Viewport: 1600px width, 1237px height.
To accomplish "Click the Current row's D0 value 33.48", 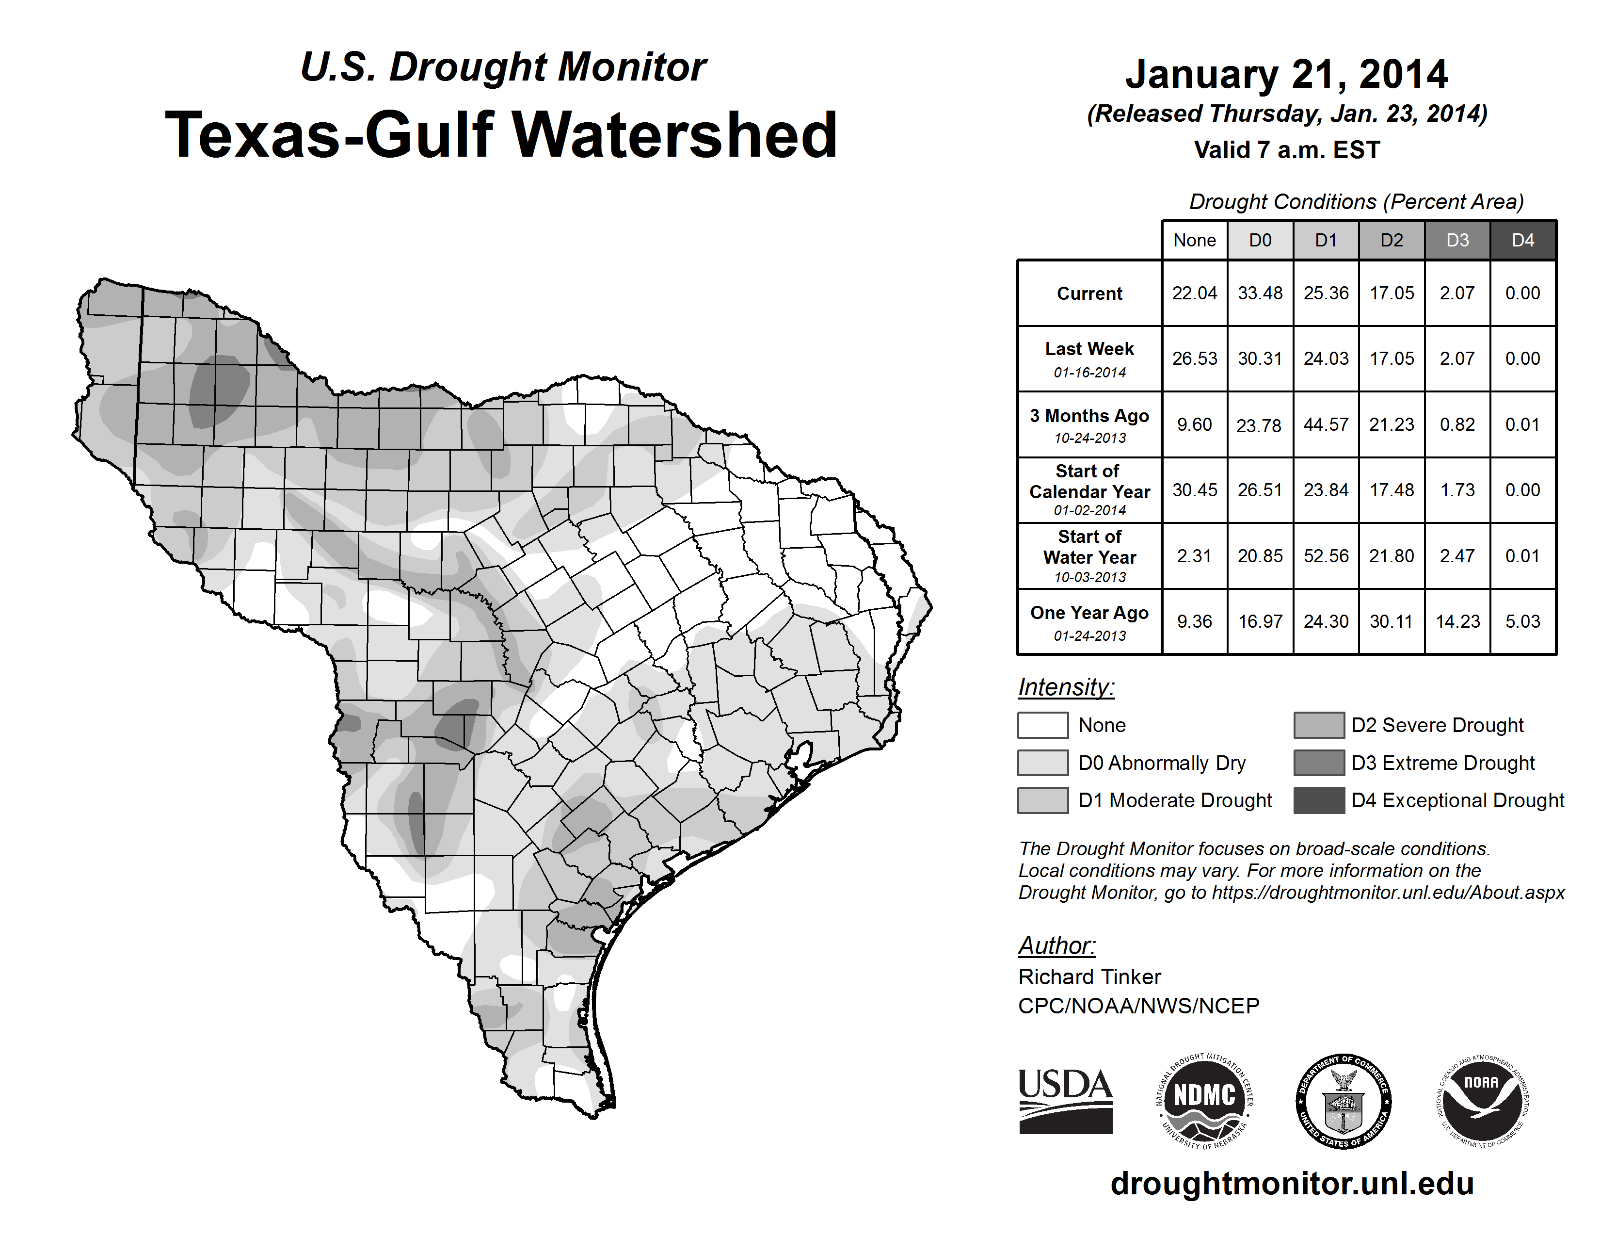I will pyautogui.click(x=1260, y=293).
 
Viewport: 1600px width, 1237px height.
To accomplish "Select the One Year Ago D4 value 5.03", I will pyautogui.click(x=1522, y=621).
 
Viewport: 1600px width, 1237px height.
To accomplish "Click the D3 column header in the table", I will pyautogui.click(x=1457, y=240).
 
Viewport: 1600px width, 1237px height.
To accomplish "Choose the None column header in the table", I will pyautogui.click(x=1194, y=240).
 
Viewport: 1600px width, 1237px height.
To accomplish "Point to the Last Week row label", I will pyautogui.click(x=1089, y=358).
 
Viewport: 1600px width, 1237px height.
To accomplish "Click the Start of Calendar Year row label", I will pyautogui.click(x=1089, y=489).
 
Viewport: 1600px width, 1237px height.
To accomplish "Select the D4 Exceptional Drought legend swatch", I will pyautogui.click(x=1319, y=800).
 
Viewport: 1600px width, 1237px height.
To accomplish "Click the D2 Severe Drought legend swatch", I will pyautogui.click(x=1319, y=725).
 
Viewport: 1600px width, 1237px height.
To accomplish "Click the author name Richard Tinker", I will pyautogui.click(x=1089, y=977).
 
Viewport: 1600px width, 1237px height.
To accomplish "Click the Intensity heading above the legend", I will pyautogui.click(x=1066, y=687).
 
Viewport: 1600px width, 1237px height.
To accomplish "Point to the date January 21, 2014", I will pyautogui.click(x=1286, y=75).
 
